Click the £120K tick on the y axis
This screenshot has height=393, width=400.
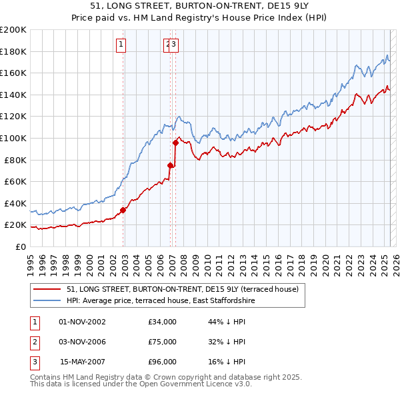13,116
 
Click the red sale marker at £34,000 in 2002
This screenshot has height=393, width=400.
123,210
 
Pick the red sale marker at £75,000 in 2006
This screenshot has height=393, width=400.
170,165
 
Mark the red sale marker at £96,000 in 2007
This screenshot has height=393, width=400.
176,143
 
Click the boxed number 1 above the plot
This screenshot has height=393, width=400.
121,45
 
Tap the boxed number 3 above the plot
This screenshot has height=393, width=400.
173,45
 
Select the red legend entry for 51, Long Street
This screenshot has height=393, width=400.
186,288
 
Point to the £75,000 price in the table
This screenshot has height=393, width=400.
163,342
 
